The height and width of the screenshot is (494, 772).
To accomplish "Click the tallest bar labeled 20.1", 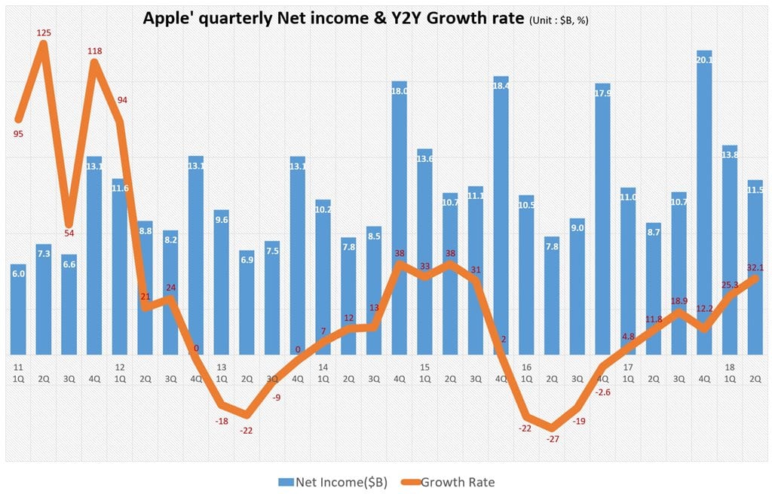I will (704, 203).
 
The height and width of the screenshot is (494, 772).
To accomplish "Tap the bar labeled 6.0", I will (19, 310).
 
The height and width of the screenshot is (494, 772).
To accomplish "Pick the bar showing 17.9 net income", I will (602, 218).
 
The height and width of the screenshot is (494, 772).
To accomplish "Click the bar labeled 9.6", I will (222, 282).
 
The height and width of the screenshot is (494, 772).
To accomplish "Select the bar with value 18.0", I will (399, 218).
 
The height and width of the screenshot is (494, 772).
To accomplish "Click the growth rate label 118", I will (94, 51).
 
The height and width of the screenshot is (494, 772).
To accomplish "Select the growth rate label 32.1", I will (755, 267).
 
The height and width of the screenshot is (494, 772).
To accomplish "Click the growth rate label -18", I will (222, 421).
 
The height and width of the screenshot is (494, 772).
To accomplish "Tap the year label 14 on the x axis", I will (323, 367).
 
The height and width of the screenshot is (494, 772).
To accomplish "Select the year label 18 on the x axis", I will (730, 367).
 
